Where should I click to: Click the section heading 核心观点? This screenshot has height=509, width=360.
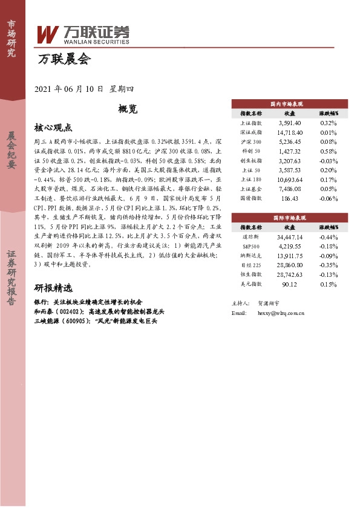click(53, 128)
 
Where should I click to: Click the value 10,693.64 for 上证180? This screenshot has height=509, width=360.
click(289, 180)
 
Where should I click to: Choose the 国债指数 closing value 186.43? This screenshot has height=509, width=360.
click(289, 198)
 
